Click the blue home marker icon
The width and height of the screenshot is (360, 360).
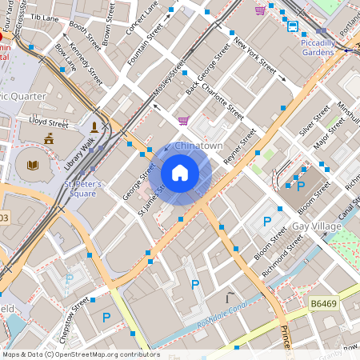click(x=180, y=173)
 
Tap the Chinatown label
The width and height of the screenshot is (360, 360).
click(x=198, y=146)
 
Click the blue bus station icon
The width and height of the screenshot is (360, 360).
click(x=293, y=26)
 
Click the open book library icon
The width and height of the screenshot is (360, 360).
click(x=33, y=166)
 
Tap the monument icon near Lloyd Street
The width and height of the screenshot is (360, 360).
click(x=94, y=126)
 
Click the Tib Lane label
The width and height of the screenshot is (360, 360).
click(x=46, y=16)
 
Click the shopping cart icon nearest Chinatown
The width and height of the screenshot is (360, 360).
click(x=183, y=121)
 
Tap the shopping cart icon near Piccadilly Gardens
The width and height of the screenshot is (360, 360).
click(x=260, y=10)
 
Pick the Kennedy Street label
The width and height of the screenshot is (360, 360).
click(x=86, y=65)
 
